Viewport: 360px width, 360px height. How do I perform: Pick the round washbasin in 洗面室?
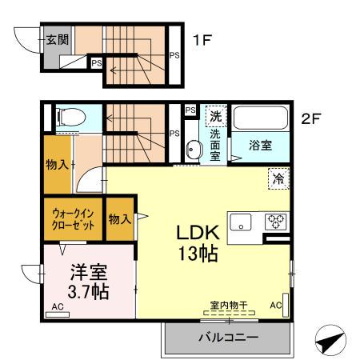[193, 149]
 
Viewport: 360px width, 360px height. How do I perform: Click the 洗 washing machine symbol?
[215, 117]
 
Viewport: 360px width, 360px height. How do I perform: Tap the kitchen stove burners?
[277, 222]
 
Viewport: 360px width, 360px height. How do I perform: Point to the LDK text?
[198, 234]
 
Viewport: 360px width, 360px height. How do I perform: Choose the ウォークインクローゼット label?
[74, 219]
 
